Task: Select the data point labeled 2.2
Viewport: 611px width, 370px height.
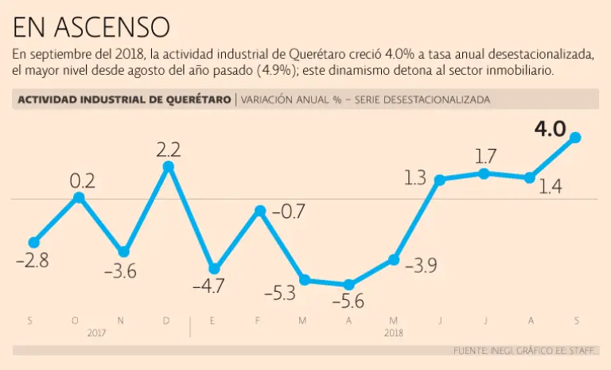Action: click(169, 166)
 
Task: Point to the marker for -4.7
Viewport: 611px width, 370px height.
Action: click(214, 269)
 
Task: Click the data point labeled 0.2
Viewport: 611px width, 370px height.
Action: click(78, 197)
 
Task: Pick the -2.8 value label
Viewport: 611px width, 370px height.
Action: click(32, 260)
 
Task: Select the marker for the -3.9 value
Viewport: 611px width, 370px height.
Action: click(394, 259)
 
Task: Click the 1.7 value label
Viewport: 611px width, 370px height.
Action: click(485, 156)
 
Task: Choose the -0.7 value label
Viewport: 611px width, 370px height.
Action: click(289, 212)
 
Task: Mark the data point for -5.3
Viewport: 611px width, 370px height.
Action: click(304, 280)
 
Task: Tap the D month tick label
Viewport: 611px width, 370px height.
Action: click(166, 320)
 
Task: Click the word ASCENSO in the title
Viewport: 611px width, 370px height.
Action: click(112, 28)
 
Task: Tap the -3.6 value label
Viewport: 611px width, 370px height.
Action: click(120, 271)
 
